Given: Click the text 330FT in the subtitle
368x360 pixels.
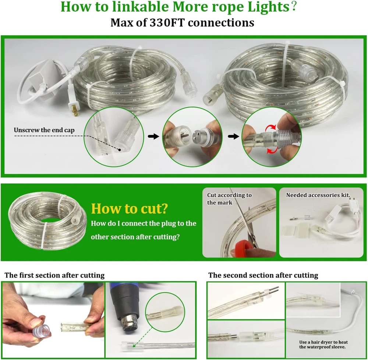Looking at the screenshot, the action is tap(167, 23).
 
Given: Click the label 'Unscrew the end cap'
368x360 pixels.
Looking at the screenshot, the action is tap(44, 130).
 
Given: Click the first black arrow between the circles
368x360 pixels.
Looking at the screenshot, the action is tap(153, 136).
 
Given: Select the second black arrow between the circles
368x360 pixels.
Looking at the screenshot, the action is tap(234, 136).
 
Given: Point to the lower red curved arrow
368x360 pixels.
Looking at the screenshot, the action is tap(272, 150).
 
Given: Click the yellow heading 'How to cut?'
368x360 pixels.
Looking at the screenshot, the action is tap(130, 208).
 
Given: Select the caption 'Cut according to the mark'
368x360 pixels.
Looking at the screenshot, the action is tap(229, 198).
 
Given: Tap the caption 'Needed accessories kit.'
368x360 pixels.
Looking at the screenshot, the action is tap(318, 195).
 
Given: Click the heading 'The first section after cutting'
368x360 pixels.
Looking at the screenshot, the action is tap(54, 275).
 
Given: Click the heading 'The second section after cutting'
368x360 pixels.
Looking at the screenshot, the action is tap(263, 275).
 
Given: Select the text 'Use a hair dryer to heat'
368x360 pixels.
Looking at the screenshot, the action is tap(323, 342).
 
